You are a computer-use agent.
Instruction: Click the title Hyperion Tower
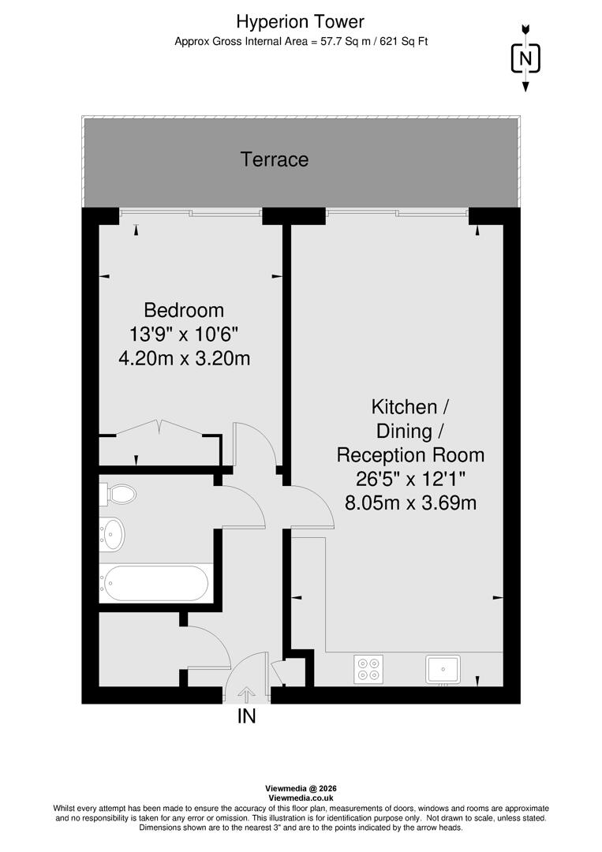[x=301, y=21]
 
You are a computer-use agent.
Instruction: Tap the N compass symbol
[x=525, y=58]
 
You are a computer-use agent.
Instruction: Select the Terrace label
[x=275, y=160]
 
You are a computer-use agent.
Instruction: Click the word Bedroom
[x=184, y=310]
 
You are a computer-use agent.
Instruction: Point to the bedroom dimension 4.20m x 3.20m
[x=184, y=359]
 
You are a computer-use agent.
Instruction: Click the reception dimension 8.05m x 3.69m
[x=411, y=503]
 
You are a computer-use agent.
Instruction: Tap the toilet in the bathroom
[x=118, y=494]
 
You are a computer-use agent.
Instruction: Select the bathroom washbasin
[x=114, y=533]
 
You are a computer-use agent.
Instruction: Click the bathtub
[x=156, y=583]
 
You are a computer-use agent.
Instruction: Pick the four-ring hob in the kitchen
[x=368, y=669]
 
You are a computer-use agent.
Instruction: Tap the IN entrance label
[x=247, y=717]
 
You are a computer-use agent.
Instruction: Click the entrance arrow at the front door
[x=246, y=694]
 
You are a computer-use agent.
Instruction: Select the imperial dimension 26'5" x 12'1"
[x=410, y=479]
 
